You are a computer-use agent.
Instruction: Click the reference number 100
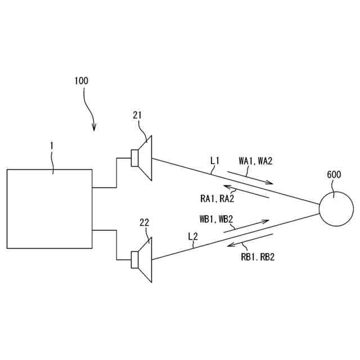81,80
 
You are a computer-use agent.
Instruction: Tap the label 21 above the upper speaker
138,115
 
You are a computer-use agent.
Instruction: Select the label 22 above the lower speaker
144,223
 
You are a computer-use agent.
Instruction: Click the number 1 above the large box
52,145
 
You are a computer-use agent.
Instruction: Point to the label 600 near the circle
334,174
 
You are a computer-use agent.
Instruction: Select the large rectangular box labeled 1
49,209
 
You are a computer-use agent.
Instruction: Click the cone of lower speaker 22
145,259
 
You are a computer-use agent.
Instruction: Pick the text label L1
215,161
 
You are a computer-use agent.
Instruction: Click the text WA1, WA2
255,161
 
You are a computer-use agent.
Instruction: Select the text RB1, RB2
257,258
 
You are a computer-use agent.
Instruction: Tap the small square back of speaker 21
135,158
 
